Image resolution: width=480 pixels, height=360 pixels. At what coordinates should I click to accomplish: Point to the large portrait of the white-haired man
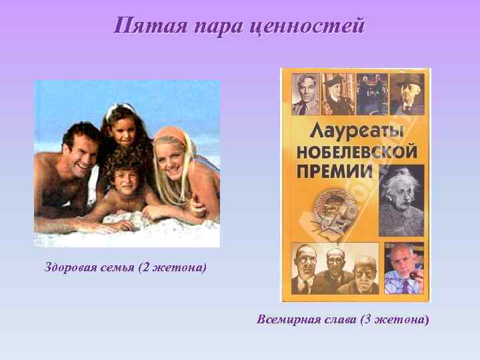(402, 200)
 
